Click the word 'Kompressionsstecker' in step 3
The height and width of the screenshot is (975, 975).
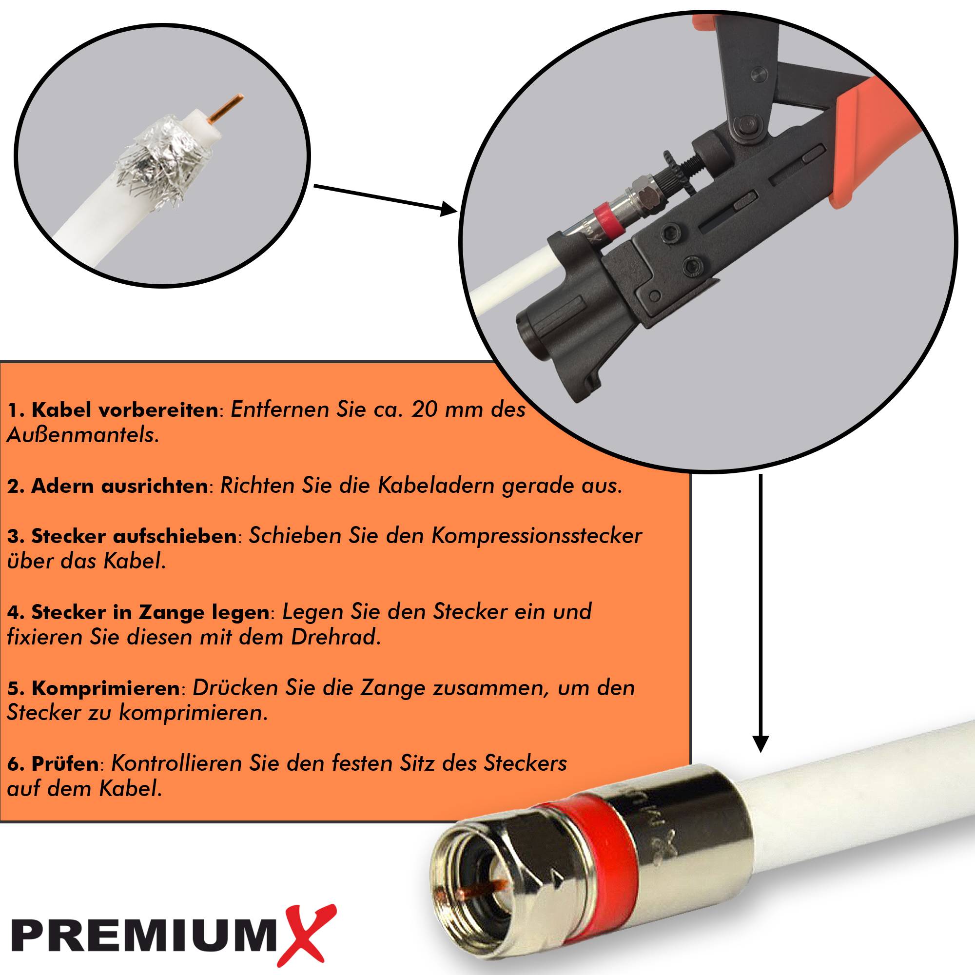[536, 535]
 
